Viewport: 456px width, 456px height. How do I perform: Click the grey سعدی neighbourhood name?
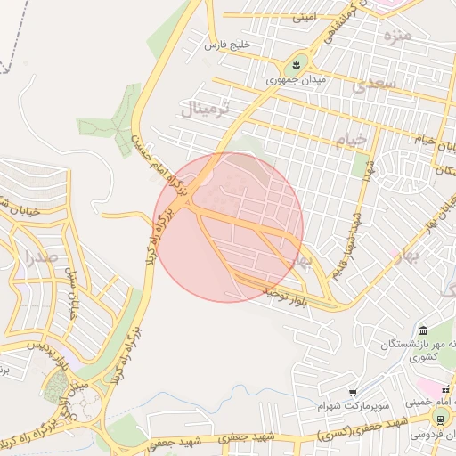click(x=371, y=85)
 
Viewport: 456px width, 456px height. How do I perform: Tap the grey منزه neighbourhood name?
click(x=396, y=37)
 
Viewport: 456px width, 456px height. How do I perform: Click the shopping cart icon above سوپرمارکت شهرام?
click(x=354, y=392)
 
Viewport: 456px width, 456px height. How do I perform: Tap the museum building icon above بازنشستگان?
click(x=422, y=330)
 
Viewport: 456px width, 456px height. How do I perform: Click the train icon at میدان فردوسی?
click(x=439, y=419)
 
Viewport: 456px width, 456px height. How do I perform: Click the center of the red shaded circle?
click(x=229, y=227)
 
